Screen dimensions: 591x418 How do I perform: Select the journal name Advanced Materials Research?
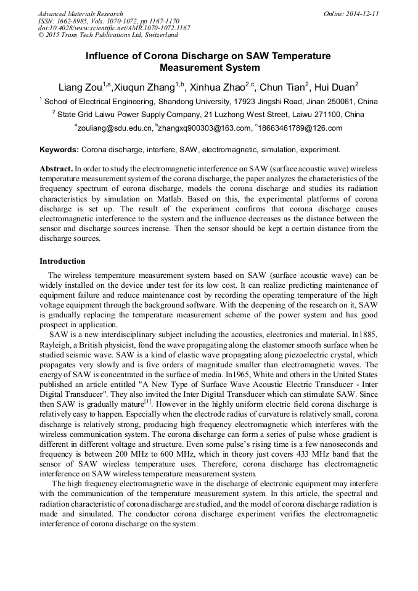[80, 14]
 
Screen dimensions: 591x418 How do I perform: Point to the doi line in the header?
[114, 28]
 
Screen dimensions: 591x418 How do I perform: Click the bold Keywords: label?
[59, 149]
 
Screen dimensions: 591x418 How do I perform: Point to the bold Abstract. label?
[56, 168]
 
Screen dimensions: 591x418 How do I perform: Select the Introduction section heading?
[62, 261]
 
